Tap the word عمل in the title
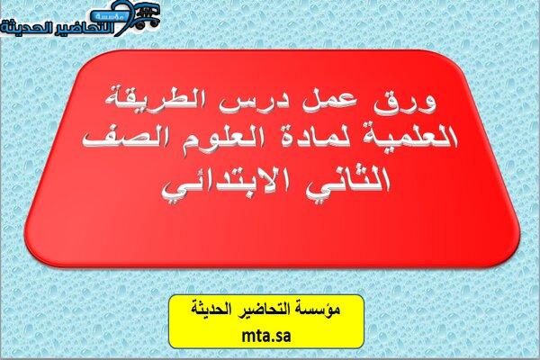328,103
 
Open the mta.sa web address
265,336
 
